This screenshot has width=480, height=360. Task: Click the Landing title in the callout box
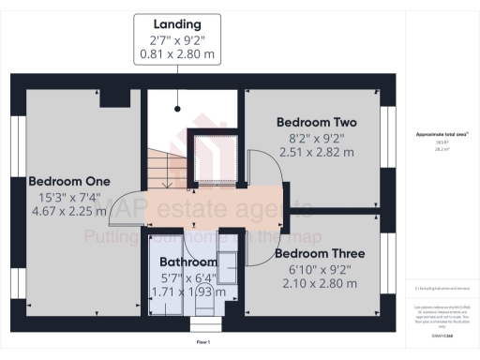click(x=178, y=22)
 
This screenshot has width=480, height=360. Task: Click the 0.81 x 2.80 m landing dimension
click(x=178, y=54)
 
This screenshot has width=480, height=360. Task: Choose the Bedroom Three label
click(x=314, y=254)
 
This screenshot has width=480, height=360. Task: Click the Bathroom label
click(x=187, y=262)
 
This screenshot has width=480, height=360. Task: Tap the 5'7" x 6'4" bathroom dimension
click(x=187, y=277)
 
